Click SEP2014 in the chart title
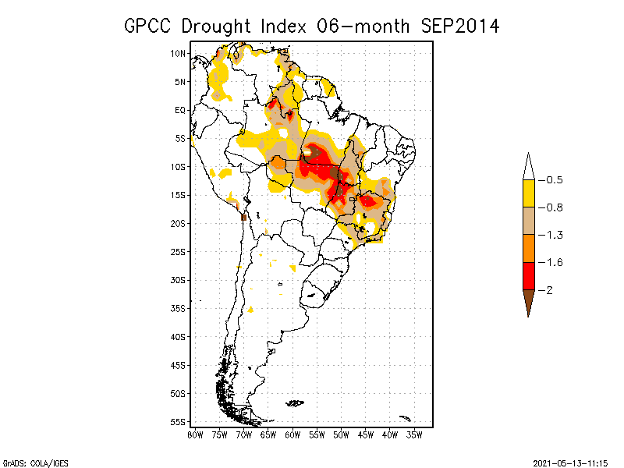point(459,26)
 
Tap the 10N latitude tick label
point(179,53)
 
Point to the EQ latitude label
point(180,110)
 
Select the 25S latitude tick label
point(179,251)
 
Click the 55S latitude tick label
point(179,421)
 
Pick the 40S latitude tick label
point(179,336)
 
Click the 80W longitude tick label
point(195,434)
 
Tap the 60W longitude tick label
point(292,434)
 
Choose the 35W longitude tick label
point(414,434)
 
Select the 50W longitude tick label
point(341,434)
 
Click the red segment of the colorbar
point(528,275)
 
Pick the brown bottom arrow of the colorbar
point(528,301)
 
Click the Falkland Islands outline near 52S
point(295,402)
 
